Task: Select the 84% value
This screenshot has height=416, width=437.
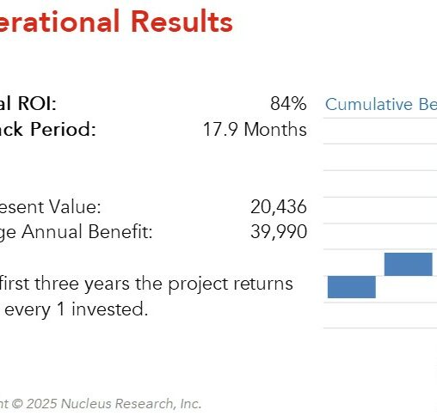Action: (287, 104)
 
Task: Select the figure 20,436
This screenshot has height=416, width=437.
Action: (278, 207)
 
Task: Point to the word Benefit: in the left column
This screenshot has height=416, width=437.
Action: (120, 232)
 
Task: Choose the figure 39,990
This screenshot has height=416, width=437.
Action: (278, 232)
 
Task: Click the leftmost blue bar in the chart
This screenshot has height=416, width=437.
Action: (351, 287)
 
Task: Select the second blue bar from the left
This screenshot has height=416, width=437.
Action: (408, 264)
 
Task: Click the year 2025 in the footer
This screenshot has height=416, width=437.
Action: (40, 403)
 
